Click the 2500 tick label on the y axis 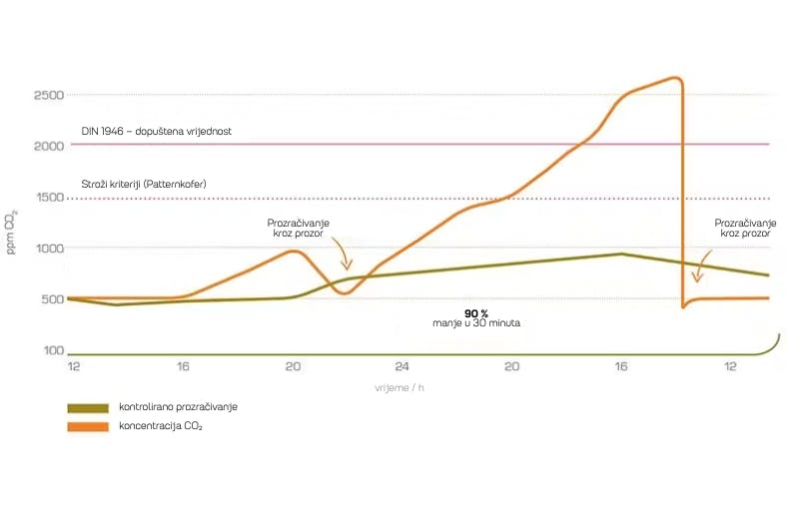pos(49,95)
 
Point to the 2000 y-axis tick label pos(49,146)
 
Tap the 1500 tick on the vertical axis pos(49,198)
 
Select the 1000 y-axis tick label pos(49,249)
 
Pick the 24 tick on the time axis pos(402,367)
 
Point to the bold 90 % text pos(476,313)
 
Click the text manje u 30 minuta pos(477,324)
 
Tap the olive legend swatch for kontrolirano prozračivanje pos(88,407)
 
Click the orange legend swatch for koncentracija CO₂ pos(88,426)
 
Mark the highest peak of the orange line pos(674,77)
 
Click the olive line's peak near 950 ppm pos(621,254)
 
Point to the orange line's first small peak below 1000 pos(295,251)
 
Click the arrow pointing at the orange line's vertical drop pos(702,266)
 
